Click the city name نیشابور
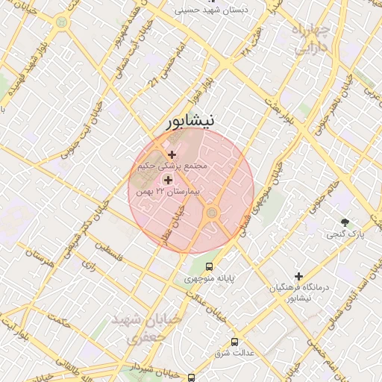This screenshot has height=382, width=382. pyautogui.click(x=190, y=120)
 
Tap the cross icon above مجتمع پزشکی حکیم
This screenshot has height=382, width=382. pyautogui.click(x=172, y=154)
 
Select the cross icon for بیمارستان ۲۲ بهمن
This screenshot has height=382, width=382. pyautogui.click(x=167, y=180)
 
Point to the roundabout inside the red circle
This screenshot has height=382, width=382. pyautogui.click(x=212, y=214)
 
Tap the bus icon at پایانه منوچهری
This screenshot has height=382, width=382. pyautogui.click(x=209, y=266)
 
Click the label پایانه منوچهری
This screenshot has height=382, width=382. pyautogui.click(x=210, y=278)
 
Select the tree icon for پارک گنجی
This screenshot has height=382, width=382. pyautogui.click(x=345, y=222)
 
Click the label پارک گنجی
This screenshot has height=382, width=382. pyautogui.click(x=345, y=234)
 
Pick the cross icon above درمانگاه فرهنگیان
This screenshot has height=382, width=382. pyautogui.click(x=298, y=276)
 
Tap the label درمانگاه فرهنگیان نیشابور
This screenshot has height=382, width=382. pyautogui.click(x=298, y=292)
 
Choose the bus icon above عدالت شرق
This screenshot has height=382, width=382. pyautogui.click(x=235, y=341)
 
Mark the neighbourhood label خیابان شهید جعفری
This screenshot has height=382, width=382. pyautogui.click(x=146, y=328)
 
